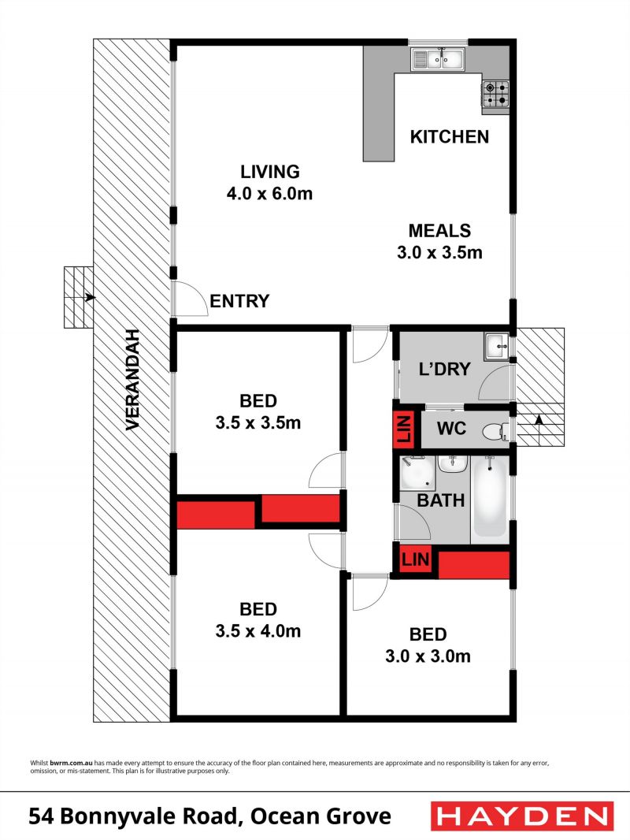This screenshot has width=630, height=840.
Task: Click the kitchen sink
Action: pos(439,58)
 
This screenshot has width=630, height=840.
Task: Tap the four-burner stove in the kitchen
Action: pos(495,94)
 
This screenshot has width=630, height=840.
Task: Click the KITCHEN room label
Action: pos(450,137)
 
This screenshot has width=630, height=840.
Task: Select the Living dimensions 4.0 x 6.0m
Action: pos(269,193)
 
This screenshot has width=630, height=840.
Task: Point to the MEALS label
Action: pos(439,231)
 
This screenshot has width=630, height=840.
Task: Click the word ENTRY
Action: pos(239,301)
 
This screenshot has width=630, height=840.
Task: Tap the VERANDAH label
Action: pos(132,379)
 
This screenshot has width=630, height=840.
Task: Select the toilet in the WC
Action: pos(496,431)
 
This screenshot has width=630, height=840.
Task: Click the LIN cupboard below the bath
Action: pos(415,559)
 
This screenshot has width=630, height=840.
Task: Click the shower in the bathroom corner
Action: pos(417,473)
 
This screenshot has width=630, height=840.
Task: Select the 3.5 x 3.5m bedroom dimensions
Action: pos(258,422)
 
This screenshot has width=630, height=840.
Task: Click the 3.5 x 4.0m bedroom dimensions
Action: pos(258,631)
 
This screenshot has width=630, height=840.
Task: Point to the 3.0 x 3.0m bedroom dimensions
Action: pos(428,656)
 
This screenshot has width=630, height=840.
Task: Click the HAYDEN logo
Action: pos(522,816)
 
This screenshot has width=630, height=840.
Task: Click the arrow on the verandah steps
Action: pos(90,297)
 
